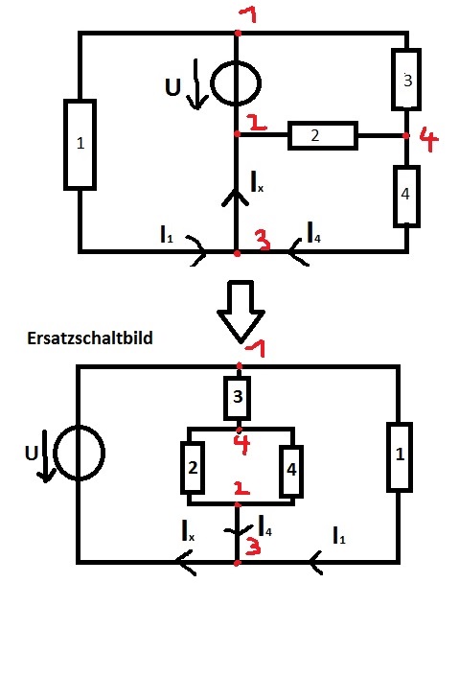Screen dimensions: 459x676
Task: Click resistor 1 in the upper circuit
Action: pyautogui.click(x=80, y=145)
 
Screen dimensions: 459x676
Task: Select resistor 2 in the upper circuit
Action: pyautogui.click(x=322, y=136)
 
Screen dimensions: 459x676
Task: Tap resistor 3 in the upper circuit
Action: pyautogui.click(x=406, y=80)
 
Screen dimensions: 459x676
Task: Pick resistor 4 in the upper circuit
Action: pyautogui.click(x=406, y=197)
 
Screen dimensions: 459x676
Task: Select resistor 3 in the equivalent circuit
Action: pyautogui.click(x=237, y=398)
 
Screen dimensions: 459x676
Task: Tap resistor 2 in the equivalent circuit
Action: pyautogui.click(x=193, y=467)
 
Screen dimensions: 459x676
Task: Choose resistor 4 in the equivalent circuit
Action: pyautogui.click(x=291, y=471)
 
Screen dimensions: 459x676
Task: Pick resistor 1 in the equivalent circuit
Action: pyautogui.click(x=400, y=457)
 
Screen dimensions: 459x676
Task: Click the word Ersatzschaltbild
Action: pyautogui.click(x=90, y=338)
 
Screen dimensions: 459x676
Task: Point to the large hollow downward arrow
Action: pyautogui.click(x=241, y=312)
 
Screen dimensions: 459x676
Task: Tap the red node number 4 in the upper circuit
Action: pyautogui.click(x=428, y=138)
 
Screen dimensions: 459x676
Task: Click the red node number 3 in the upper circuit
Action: pyautogui.click(x=263, y=240)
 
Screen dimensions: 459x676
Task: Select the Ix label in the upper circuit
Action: pyautogui.click(x=257, y=181)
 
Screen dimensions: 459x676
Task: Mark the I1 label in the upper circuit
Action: pyautogui.click(x=167, y=234)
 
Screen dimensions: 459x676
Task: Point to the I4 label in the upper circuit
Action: pyautogui.click(x=313, y=232)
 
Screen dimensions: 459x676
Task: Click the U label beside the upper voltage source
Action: pyautogui.click(x=172, y=87)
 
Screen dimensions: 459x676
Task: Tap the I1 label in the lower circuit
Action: pyautogui.click(x=339, y=535)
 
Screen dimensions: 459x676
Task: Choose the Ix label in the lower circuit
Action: pyautogui.click(x=188, y=530)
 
